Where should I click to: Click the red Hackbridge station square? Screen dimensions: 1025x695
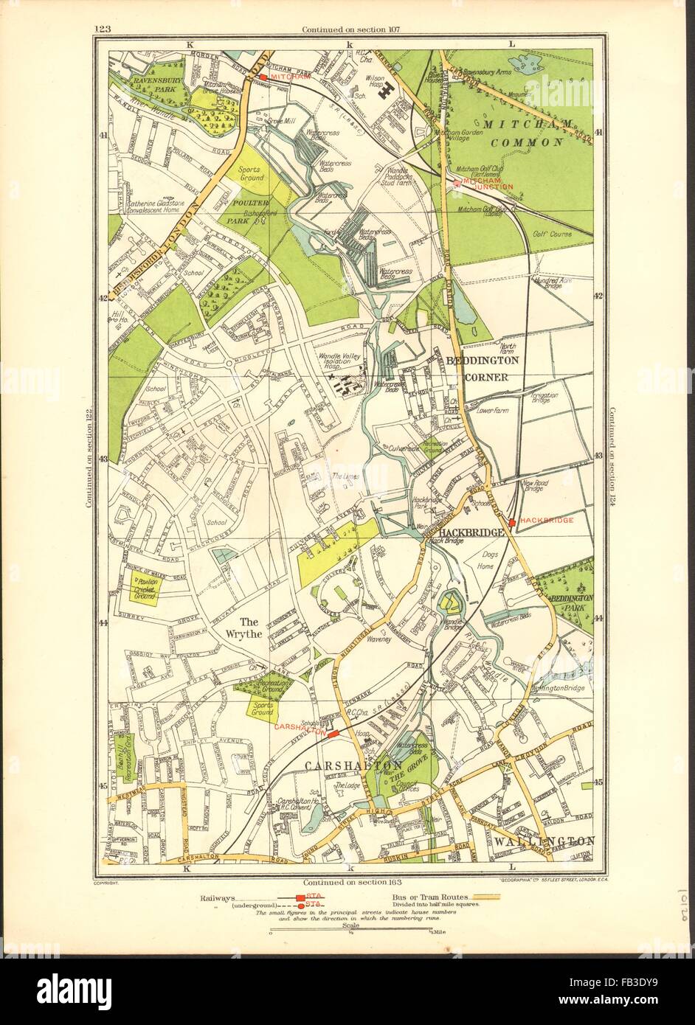(512, 521)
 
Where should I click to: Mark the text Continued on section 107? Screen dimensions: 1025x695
(347, 29)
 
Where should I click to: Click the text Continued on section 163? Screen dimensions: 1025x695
(347, 881)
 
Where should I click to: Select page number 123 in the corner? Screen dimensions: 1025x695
(103, 29)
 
